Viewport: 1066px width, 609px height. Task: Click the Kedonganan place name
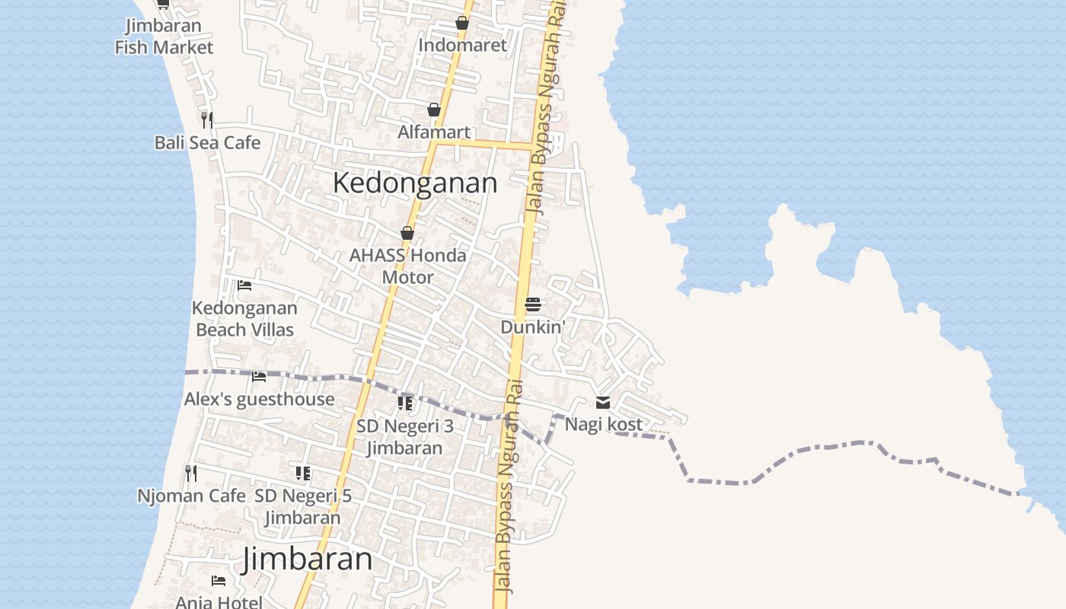pyautogui.click(x=415, y=183)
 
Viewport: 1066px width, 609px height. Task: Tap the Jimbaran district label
pyautogui.click(x=308, y=560)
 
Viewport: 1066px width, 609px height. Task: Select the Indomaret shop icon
pyautogui.click(x=462, y=24)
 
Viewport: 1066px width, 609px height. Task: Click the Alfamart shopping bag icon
pyautogui.click(x=434, y=110)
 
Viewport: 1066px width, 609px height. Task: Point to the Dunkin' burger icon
pyautogui.click(x=532, y=305)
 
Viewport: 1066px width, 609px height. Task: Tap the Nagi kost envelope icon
pyautogui.click(x=603, y=402)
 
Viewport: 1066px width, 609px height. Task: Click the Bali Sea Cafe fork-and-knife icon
pyautogui.click(x=206, y=120)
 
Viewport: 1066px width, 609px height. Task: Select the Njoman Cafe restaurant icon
pyautogui.click(x=191, y=473)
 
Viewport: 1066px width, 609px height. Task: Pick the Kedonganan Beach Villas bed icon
pyautogui.click(x=244, y=285)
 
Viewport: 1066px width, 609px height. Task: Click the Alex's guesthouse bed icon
pyautogui.click(x=259, y=376)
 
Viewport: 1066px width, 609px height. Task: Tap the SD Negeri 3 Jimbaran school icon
pyautogui.click(x=405, y=403)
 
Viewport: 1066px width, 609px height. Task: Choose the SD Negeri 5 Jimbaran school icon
pyautogui.click(x=303, y=473)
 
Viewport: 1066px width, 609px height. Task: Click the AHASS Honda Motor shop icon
pyautogui.click(x=407, y=233)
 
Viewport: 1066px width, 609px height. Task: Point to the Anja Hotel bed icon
pyautogui.click(x=219, y=581)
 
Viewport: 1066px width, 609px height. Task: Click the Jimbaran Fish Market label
pyautogui.click(x=164, y=37)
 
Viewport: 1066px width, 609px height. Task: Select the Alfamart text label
pyautogui.click(x=434, y=132)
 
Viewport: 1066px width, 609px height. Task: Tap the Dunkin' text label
pyautogui.click(x=533, y=327)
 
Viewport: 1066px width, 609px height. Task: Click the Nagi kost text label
pyautogui.click(x=603, y=424)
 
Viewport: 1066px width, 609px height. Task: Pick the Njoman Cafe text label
pyautogui.click(x=191, y=496)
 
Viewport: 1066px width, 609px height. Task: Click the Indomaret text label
pyautogui.click(x=462, y=45)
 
